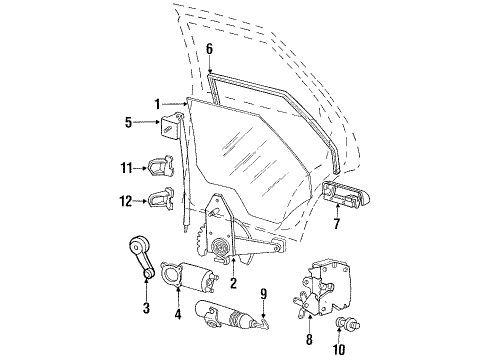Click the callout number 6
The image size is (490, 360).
coord(209,49)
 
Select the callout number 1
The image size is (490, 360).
coord(157,104)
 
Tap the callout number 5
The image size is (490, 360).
coord(129,122)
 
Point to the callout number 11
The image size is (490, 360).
coord(126,168)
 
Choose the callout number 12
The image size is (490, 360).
coord(126,201)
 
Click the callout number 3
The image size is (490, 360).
coord(146,308)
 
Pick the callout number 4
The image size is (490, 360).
coord(178,314)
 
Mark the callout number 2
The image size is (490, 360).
coord(233,283)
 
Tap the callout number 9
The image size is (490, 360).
coord(264,294)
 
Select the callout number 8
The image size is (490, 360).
coord(309,339)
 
